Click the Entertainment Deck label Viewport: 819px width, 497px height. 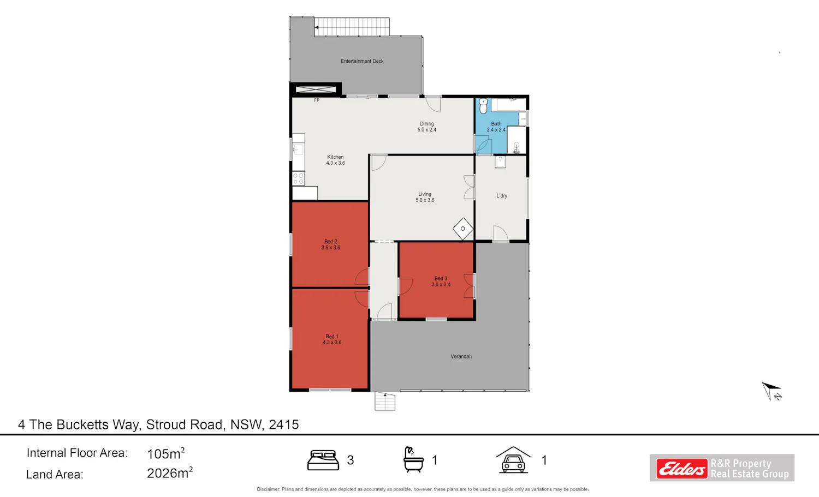[x=362, y=61]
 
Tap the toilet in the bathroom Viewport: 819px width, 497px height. [x=483, y=106]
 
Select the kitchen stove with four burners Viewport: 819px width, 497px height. [x=298, y=179]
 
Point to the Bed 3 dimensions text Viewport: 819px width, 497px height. [x=441, y=284]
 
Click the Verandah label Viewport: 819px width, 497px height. [x=461, y=356]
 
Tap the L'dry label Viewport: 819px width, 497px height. [x=502, y=195]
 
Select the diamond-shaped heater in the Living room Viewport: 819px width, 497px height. [x=463, y=229]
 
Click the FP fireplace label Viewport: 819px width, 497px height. [x=317, y=100]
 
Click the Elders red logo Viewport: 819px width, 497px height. [x=681, y=468]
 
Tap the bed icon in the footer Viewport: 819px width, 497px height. [x=323, y=460]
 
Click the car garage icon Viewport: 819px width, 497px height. [x=513, y=460]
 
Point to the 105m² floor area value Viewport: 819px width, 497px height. [x=165, y=453]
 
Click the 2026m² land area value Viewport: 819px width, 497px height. [x=170, y=473]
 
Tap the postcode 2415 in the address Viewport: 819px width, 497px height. [x=284, y=424]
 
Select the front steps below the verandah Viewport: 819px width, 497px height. [x=384, y=401]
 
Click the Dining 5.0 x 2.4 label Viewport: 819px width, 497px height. [x=426, y=127]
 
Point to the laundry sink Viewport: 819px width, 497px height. [x=500, y=162]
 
